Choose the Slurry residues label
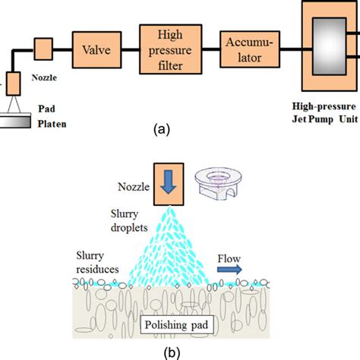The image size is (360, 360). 96,262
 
